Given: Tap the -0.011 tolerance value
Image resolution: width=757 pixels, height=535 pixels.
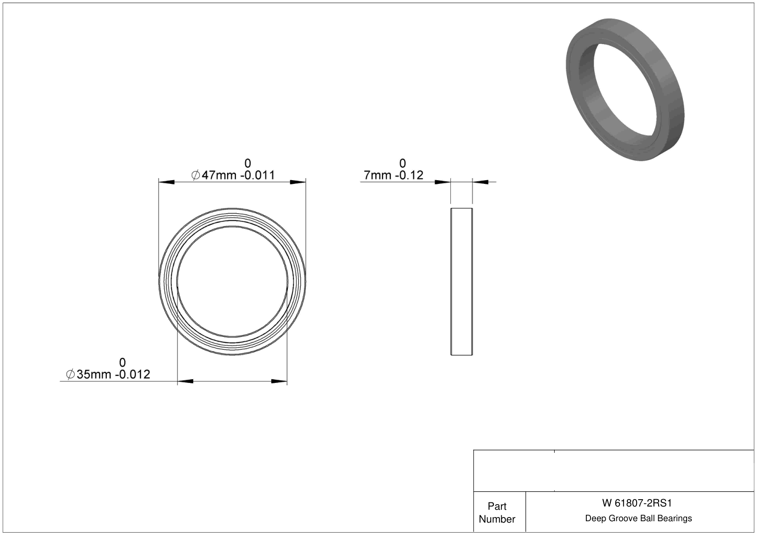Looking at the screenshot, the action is point(258,175).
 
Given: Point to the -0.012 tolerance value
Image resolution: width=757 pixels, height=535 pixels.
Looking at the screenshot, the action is point(132,374).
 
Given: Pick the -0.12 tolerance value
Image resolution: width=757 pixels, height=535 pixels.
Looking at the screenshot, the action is point(407,175).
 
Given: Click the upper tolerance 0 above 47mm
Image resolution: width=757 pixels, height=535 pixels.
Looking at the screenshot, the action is point(248,164).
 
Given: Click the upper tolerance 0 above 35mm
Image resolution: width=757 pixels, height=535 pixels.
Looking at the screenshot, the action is point(123,362).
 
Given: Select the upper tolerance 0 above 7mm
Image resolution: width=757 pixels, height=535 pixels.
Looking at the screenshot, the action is point(402,164).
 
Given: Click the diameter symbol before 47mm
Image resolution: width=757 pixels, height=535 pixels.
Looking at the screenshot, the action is point(195,175).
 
